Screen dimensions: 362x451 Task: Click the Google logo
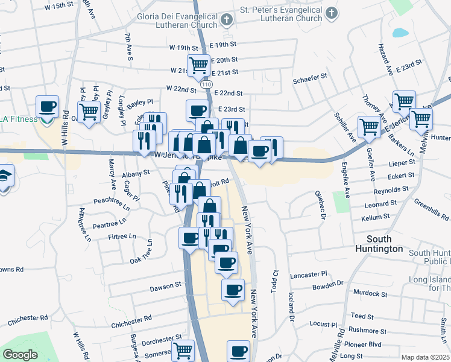coord(20,355)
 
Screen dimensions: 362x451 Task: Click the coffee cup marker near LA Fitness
coord(47,107)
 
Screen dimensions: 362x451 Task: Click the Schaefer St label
coord(309,77)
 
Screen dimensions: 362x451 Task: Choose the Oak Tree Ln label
coord(144,260)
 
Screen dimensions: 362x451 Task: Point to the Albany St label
coord(136,173)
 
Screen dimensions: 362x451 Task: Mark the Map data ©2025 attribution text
coord(426,357)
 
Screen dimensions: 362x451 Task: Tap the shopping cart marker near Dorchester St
coord(183,351)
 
